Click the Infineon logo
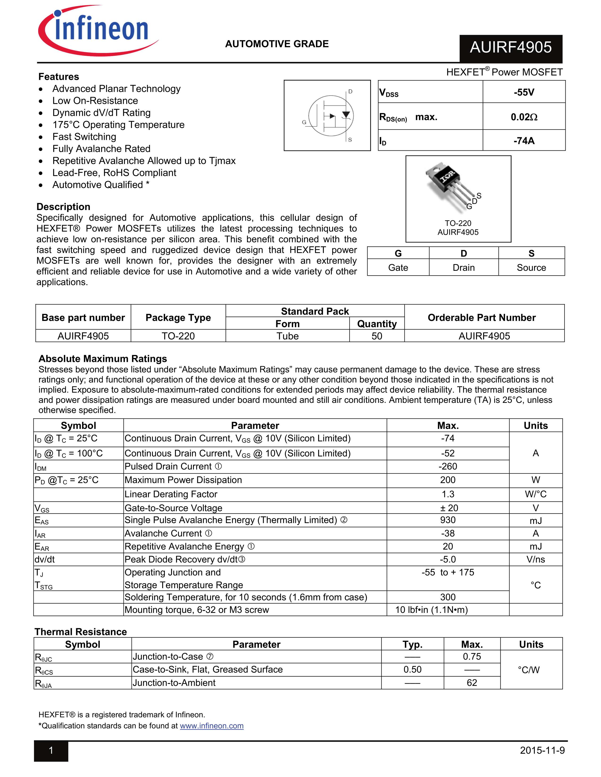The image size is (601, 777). (98, 30)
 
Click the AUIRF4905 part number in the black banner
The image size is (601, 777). (510, 48)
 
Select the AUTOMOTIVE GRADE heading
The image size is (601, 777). (277, 44)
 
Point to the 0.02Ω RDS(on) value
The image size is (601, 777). (524, 117)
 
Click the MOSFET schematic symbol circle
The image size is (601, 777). (331, 116)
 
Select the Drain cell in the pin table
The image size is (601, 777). (464, 267)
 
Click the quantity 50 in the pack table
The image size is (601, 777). (377, 336)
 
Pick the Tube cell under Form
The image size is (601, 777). (287, 336)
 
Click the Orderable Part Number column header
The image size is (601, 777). (481, 317)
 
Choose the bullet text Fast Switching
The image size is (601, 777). (84, 137)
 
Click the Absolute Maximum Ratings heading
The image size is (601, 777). (103, 359)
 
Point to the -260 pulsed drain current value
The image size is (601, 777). (448, 466)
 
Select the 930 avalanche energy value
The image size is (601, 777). (448, 520)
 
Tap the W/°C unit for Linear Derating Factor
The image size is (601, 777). (535, 494)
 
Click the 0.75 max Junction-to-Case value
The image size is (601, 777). (472, 656)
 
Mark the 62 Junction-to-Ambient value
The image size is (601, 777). (472, 683)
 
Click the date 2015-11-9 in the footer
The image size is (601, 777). (542, 750)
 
